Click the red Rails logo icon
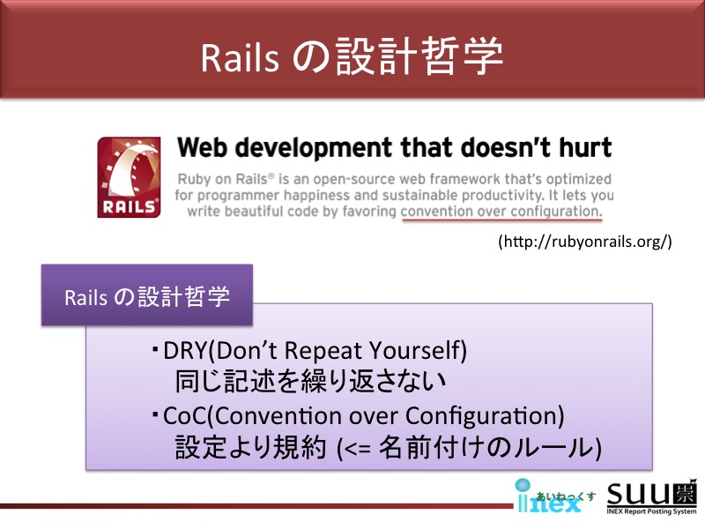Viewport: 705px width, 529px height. tap(129, 177)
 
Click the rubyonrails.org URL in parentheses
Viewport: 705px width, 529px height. tap(585, 242)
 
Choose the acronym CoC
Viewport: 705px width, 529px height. tap(185, 415)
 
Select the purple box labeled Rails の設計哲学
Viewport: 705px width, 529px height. tap(147, 295)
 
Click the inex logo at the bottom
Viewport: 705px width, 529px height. tap(555, 495)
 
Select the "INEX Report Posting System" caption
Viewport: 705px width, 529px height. tap(651, 511)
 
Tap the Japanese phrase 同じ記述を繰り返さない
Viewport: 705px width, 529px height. tap(310, 382)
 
